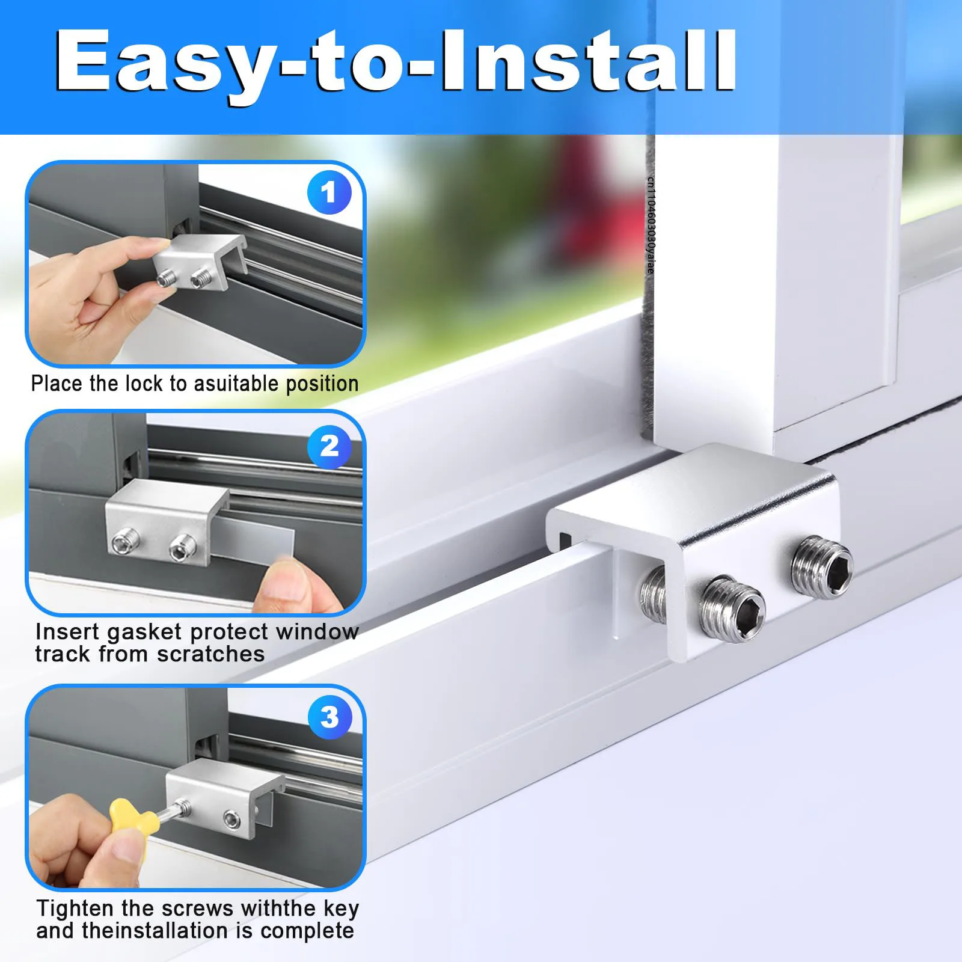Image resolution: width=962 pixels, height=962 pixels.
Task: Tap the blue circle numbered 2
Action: tap(329, 446)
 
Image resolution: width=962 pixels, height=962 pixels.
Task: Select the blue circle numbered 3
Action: tap(329, 717)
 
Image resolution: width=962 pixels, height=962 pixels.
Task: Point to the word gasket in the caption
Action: tap(144, 633)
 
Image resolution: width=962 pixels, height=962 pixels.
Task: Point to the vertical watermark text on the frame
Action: tap(651, 225)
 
